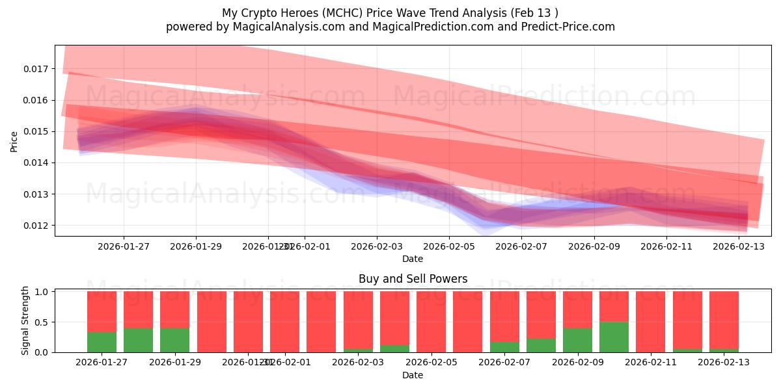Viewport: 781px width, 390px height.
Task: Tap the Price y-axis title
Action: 14,141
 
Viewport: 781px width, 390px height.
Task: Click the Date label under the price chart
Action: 413,259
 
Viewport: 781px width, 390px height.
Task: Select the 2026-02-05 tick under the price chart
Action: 448,246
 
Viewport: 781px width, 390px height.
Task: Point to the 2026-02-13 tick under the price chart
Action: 737,246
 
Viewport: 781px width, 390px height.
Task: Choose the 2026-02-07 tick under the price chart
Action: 521,246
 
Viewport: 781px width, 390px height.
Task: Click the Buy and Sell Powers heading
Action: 413,279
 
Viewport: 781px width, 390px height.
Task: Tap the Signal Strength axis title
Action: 25,320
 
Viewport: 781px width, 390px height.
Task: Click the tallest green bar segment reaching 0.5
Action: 614,337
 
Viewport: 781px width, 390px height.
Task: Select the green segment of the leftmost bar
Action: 102,343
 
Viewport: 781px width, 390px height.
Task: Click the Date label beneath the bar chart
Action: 413,375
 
